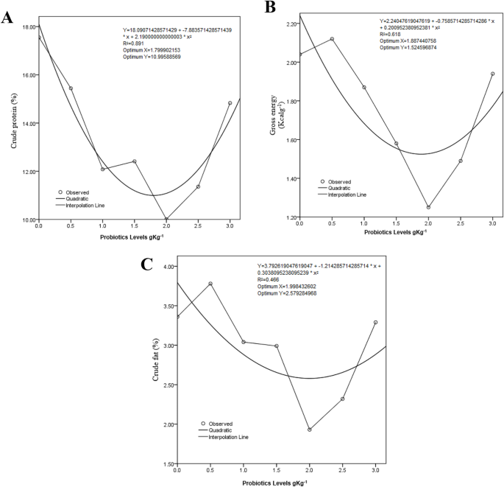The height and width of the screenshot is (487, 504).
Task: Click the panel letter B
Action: click(270, 8)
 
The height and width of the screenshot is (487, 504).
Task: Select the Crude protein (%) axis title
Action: click(15, 122)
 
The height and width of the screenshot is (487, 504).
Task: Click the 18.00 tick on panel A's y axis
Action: click(29, 27)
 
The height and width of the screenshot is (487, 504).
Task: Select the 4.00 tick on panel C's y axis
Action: click(166, 267)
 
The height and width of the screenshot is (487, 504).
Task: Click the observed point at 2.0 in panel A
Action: click(166, 219)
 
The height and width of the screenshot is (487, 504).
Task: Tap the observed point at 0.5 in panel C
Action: click(210, 284)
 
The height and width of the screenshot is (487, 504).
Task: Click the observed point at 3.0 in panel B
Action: click(492, 74)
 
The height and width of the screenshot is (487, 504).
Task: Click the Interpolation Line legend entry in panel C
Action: click(231, 437)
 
